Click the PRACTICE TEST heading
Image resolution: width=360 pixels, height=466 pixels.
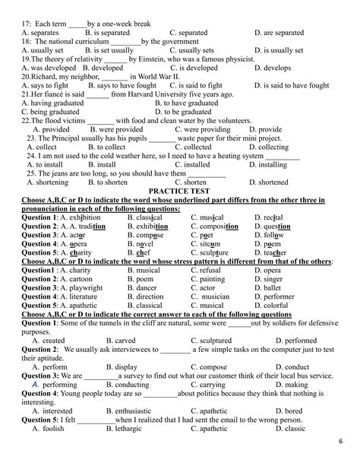click(179, 192)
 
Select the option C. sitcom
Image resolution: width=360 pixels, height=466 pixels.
click(209, 243)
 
